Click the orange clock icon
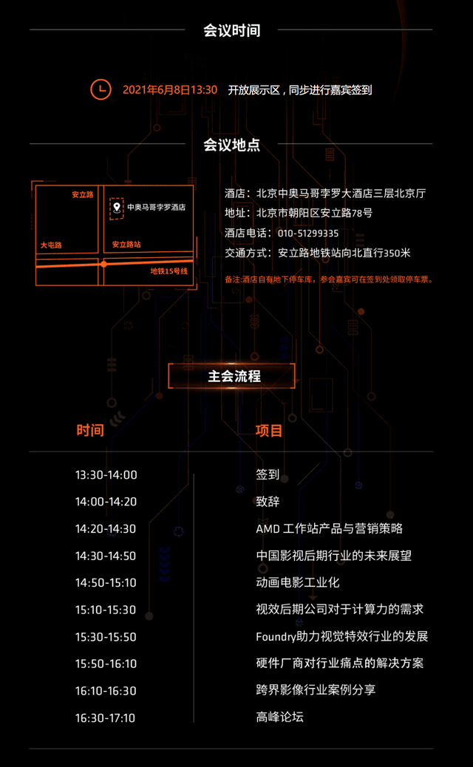101,89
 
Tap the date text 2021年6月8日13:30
170,90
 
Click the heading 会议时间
232,30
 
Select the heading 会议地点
232,145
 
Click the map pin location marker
117,208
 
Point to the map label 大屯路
51,245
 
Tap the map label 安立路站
126,244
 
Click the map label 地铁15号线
169,271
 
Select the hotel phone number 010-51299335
308,233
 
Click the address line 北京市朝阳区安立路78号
315,213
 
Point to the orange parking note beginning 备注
329,280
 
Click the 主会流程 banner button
232,376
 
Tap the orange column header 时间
90,431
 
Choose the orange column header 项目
269,431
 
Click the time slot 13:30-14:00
106,475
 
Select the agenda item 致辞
268,502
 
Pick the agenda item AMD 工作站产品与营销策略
329,528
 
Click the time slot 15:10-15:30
106,610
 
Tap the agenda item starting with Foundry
342,636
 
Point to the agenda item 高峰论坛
279,717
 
